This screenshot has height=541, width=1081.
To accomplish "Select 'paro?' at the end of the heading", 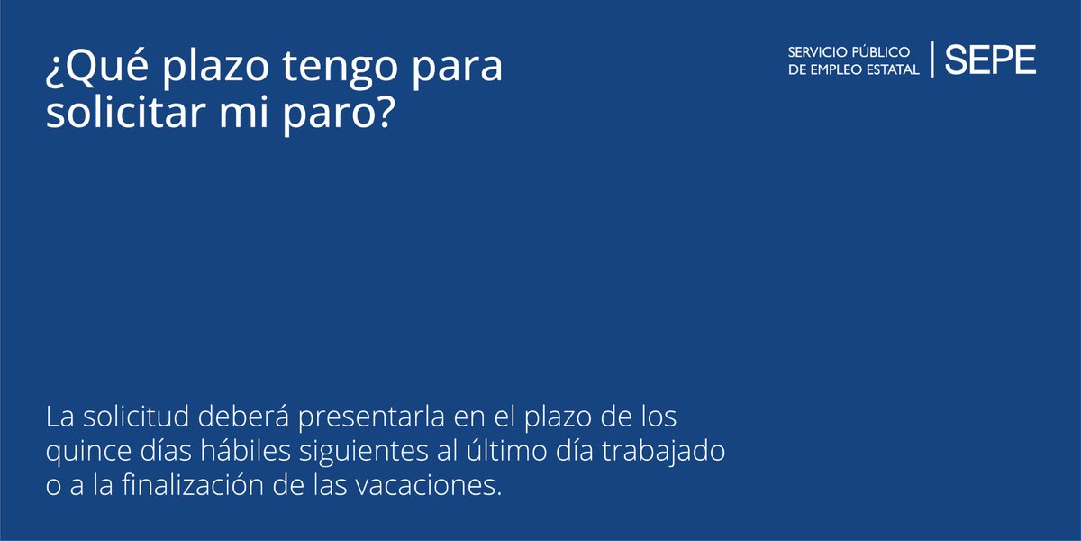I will click(x=341, y=116).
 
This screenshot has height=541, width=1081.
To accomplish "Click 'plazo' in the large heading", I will click(x=189, y=70).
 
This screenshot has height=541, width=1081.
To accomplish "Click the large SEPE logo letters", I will click(x=990, y=60).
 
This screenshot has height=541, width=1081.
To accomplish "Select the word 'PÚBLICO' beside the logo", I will click(x=883, y=51).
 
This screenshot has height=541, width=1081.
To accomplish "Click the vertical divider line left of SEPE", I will click(x=932, y=60).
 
